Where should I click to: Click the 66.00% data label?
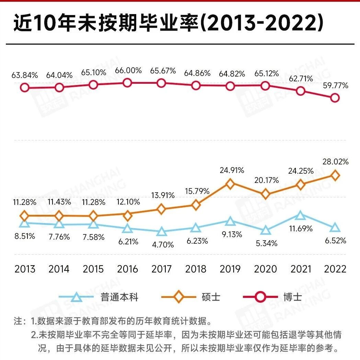[128, 70]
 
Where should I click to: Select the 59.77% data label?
[335, 86]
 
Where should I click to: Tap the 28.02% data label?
[335, 162]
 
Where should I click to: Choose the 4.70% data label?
[163, 245]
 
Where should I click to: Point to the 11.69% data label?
[301, 229]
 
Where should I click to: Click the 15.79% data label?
[197, 191]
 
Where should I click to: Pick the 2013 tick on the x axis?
[25, 269]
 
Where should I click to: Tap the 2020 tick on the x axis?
[265, 269]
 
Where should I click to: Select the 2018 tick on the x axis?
[196, 269]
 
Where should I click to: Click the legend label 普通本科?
[119, 297]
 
